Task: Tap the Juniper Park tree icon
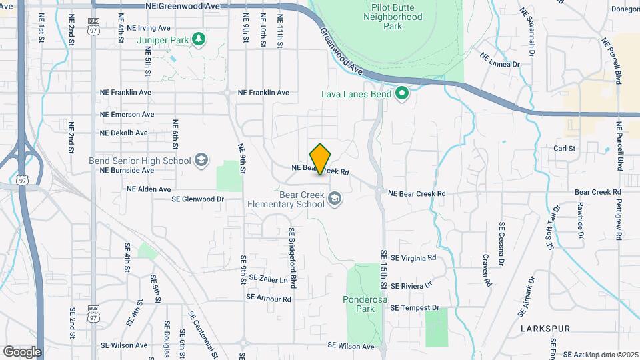tap(198, 39)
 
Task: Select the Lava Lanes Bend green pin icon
tap(401, 93)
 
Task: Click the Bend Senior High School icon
tap(201, 160)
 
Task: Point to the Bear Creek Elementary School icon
tap(335, 199)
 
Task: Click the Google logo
tap(22, 351)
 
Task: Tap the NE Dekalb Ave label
tap(123, 133)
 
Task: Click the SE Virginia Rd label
tap(413, 257)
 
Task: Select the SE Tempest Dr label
tap(415, 308)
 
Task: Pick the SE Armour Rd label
tap(269, 299)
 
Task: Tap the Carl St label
tap(564, 148)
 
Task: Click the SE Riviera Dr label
tap(411, 285)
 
